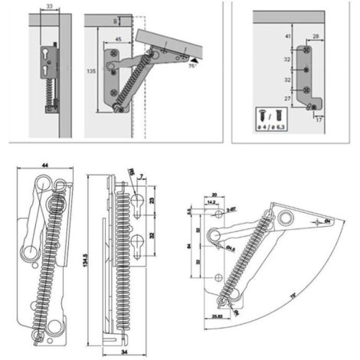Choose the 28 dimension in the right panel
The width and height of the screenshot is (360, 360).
coord(316,35)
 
